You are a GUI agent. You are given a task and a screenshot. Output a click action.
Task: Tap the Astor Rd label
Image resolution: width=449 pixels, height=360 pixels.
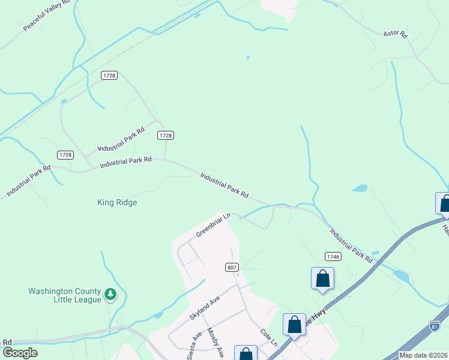pyautogui.click(x=396, y=34)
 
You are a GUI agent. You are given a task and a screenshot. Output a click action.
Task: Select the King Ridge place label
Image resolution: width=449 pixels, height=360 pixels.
pyautogui.click(x=117, y=203)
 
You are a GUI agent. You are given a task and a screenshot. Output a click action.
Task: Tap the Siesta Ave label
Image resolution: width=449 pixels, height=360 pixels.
pyautogui.click(x=197, y=343)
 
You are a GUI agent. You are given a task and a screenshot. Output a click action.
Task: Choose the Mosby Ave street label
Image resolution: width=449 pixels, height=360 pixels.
pyautogui.click(x=215, y=342)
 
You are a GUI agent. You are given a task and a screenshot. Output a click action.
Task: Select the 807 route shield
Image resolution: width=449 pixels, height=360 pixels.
pyautogui.click(x=233, y=267)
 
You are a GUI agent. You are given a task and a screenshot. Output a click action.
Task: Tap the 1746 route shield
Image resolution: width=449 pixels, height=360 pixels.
pyautogui.click(x=333, y=256)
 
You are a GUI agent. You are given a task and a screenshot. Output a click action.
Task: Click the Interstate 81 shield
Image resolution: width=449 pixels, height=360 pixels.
pyautogui.click(x=435, y=326)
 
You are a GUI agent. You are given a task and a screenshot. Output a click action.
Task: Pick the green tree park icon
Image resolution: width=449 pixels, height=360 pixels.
pyautogui.click(x=110, y=294)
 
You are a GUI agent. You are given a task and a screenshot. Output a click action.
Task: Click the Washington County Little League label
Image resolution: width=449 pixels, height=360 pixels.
pyautogui.click(x=65, y=295)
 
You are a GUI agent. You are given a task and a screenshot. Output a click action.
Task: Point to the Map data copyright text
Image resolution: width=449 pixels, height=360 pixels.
pyautogui.click(x=423, y=355)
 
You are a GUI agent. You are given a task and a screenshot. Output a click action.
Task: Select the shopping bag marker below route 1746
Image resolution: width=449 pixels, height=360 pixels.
pyautogui.click(x=322, y=278)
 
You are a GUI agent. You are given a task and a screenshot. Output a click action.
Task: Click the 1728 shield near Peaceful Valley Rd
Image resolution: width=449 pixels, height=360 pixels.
pyautogui.click(x=109, y=76)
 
